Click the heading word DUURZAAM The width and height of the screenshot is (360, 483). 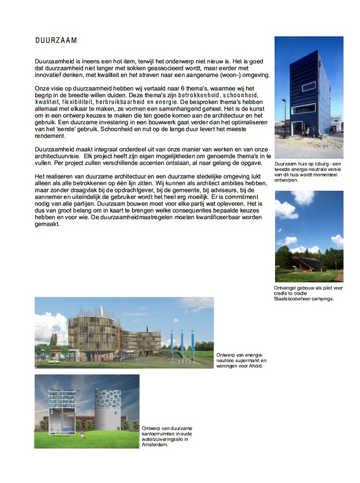pyautogui.click(x=56, y=40)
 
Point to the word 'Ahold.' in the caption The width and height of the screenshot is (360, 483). pyautogui.click(x=255, y=366)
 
